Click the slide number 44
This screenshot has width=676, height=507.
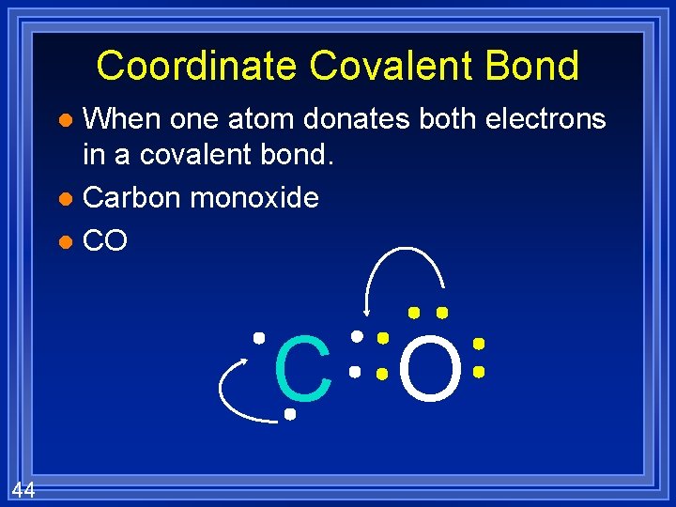coord(24,488)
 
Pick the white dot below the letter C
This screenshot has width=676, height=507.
coord(291,413)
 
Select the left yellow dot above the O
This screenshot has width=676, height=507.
coord(412,312)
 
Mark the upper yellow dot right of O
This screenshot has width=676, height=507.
coord(478,344)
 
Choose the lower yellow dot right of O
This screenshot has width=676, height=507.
coord(478,373)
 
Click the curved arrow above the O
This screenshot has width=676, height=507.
coord(404,268)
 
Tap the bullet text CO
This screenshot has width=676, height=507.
coord(105,241)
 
